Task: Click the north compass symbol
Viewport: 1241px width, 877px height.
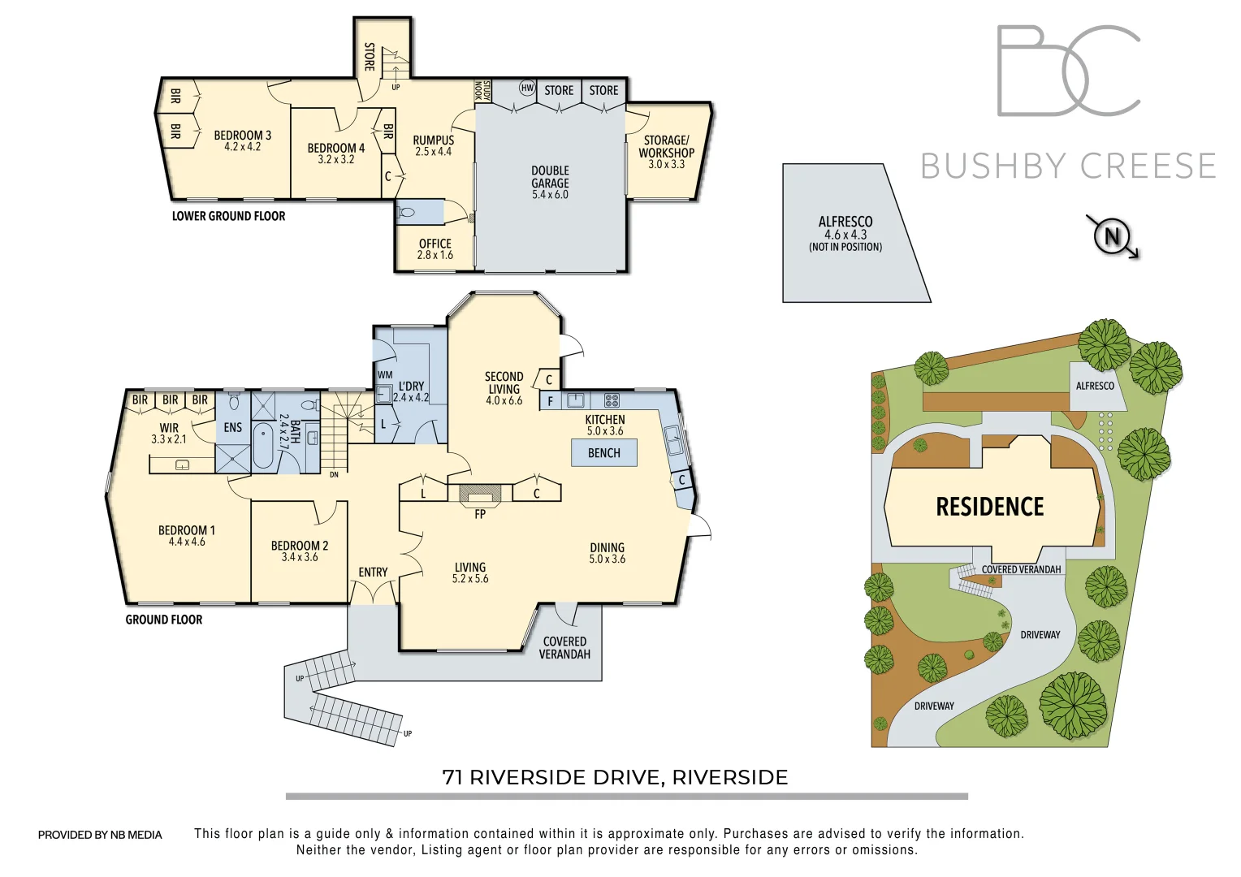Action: point(1112,236)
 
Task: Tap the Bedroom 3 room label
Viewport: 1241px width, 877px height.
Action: point(242,140)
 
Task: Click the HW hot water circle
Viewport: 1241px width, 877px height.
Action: point(527,89)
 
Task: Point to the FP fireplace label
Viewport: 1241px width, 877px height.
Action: point(480,514)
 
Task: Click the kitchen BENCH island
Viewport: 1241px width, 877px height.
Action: point(603,453)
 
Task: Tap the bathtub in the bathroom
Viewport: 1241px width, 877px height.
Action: point(263,446)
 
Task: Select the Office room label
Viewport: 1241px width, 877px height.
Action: point(435,248)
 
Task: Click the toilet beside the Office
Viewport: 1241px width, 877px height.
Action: point(407,213)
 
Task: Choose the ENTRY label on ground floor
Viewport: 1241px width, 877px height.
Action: point(373,572)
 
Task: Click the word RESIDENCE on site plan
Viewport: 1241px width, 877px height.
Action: point(989,508)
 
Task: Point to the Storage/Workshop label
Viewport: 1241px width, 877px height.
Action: point(666,152)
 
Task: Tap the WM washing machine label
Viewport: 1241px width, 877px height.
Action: point(385,375)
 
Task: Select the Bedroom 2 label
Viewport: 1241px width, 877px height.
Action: point(299,551)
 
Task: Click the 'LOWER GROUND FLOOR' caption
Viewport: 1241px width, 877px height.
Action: point(228,216)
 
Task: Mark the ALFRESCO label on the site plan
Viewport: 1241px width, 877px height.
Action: point(1094,386)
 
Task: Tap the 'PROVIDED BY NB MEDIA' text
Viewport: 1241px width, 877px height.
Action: point(100,835)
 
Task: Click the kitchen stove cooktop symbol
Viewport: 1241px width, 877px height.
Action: point(612,400)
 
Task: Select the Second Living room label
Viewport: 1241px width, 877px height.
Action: point(504,388)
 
